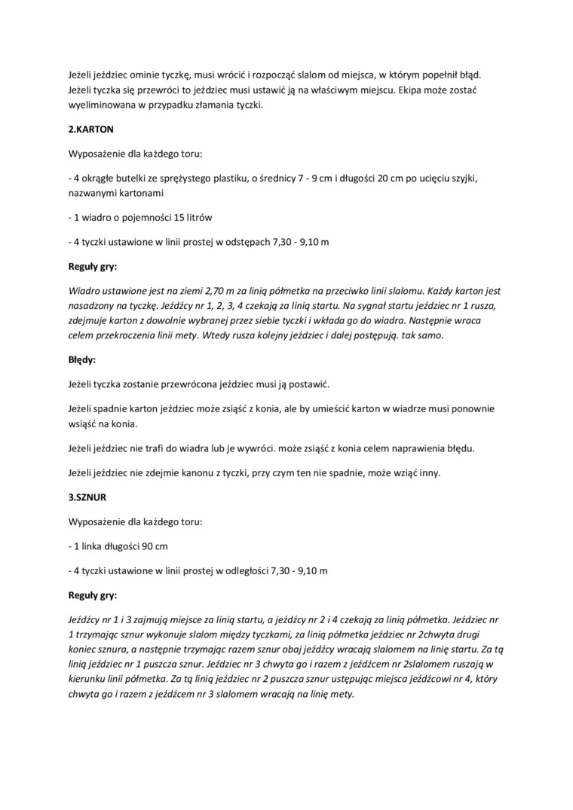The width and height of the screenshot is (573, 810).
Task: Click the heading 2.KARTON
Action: (x=91, y=130)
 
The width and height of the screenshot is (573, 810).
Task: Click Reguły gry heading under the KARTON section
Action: (x=93, y=267)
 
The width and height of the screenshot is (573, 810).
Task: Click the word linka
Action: (x=92, y=546)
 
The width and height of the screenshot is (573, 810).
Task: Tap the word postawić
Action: (x=311, y=384)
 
